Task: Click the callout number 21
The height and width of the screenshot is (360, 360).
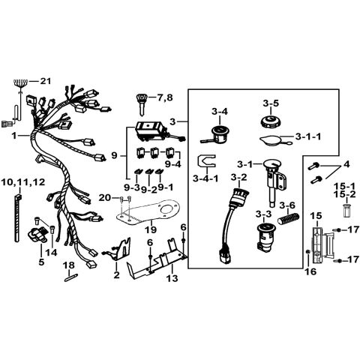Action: coord(45,81)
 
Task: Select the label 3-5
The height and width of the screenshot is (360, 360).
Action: coord(271,103)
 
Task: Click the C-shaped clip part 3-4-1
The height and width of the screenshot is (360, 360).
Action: coord(207,161)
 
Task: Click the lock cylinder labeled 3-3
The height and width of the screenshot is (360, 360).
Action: coord(265,236)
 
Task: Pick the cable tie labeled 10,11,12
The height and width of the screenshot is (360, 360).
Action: coord(18,217)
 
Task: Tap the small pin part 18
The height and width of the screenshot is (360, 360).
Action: coord(71,278)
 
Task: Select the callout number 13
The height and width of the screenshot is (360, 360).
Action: coord(172,277)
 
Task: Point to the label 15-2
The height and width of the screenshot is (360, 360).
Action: coord(345,194)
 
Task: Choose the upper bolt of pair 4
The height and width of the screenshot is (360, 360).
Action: coord(313,166)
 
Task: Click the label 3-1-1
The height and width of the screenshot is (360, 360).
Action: coord(308,136)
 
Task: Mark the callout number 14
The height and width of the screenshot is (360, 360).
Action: coord(51,253)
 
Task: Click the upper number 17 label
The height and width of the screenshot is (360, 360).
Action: coord(353,229)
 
